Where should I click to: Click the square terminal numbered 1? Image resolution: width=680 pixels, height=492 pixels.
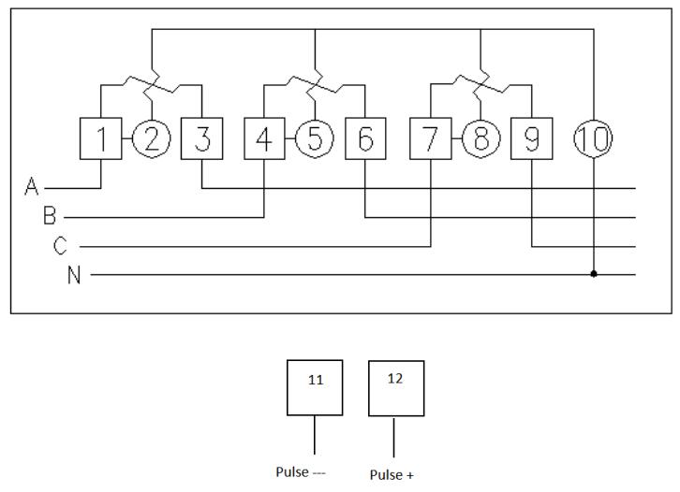[100, 139]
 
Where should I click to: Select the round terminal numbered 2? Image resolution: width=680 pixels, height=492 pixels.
[152, 139]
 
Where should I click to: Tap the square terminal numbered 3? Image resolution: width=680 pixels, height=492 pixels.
[202, 139]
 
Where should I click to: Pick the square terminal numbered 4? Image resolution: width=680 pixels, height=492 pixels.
[263, 139]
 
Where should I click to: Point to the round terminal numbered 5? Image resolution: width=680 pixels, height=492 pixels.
[315, 139]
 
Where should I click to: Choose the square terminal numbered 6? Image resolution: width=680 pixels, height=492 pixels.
[365, 139]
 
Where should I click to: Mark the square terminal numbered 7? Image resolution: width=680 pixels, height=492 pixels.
[430, 139]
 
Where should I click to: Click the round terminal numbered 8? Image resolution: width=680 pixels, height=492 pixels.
[480, 139]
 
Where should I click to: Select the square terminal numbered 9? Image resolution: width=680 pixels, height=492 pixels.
[531, 139]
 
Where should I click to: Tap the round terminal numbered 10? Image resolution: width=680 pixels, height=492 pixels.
[593, 139]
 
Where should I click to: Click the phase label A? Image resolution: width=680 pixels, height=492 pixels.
[31, 188]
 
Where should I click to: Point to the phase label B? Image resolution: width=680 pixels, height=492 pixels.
[50, 217]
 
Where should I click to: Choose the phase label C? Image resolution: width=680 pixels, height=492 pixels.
[61, 246]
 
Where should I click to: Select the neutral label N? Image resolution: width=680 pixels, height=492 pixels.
[73, 275]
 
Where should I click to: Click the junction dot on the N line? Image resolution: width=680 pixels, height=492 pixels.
[593, 275]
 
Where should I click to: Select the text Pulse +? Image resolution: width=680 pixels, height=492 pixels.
[392, 475]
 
